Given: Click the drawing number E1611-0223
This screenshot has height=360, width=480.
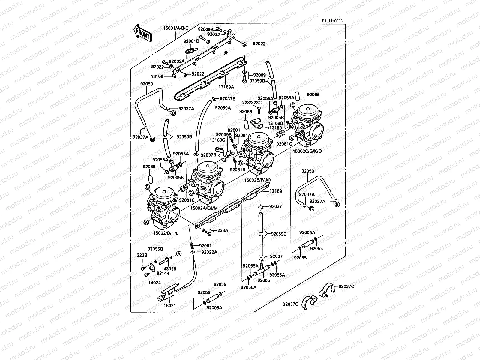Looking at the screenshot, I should tap(332, 21).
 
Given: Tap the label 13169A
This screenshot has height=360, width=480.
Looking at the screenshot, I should tap(226, 87).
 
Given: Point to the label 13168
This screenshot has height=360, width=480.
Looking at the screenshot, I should tap(157, 76).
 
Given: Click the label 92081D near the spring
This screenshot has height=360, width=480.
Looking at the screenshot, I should tap(191, 41).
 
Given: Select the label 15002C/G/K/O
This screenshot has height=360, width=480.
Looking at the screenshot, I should tap(307, 151).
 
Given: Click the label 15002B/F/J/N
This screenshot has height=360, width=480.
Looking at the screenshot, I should tap(258, 180).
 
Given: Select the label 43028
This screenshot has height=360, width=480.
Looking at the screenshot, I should tap(170, 269).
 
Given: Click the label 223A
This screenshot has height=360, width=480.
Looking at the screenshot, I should tap(223, 230).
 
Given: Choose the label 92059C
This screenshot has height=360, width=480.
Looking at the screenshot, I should tap(279, 234).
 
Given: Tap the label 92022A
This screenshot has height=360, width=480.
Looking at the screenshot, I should tap(209, 252).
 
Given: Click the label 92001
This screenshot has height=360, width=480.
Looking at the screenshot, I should tap(234, 130).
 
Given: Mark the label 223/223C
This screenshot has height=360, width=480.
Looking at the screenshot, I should tap(252, 103).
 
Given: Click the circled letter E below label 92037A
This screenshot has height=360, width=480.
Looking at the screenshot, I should tap(337, 205).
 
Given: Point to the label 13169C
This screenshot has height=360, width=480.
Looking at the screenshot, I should tap(217, 140).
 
